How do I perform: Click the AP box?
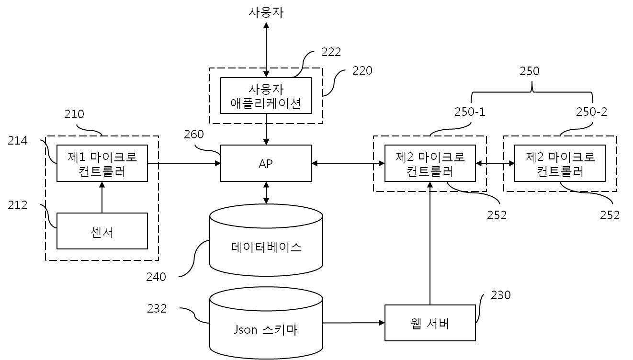266,163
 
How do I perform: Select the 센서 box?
102,231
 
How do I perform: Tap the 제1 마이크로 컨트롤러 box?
102,163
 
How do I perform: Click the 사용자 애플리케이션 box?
266,96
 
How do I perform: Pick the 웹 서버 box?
430,323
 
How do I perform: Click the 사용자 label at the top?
266,12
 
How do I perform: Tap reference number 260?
194,135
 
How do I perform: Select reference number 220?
362,71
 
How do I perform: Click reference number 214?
18,140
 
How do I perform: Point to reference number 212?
18,205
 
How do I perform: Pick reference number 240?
156,277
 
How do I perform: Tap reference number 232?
157,309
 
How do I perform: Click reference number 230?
501,295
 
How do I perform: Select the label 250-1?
470,112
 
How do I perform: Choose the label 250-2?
591,112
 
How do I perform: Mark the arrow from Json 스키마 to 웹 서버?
353,323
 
